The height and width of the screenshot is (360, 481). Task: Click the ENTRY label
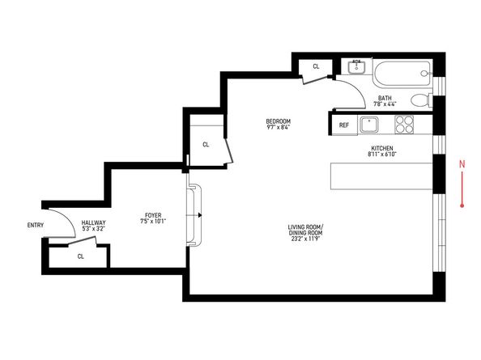36,225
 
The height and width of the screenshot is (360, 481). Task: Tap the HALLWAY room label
94,222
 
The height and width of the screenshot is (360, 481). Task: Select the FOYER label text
153,215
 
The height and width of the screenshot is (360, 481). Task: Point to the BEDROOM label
279,121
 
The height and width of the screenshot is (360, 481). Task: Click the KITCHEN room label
382,148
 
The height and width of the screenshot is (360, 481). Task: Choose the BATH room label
385,98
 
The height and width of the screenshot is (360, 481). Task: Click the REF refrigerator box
344,125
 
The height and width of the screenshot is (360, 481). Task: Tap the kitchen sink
369,125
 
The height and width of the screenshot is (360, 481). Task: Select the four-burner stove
404,125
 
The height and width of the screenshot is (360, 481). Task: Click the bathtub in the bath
402,74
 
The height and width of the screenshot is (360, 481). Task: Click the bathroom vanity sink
356,67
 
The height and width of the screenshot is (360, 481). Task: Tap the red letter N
462,164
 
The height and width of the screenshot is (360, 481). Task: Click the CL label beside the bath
316,66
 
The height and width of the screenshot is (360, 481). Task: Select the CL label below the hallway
81,256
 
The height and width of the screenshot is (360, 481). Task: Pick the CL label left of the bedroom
206,145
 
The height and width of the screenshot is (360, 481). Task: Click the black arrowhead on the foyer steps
200,215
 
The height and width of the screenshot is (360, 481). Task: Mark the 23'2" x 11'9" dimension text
305,239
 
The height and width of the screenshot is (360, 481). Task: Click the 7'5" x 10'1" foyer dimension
153,221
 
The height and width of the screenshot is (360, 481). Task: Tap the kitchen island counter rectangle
381,176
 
